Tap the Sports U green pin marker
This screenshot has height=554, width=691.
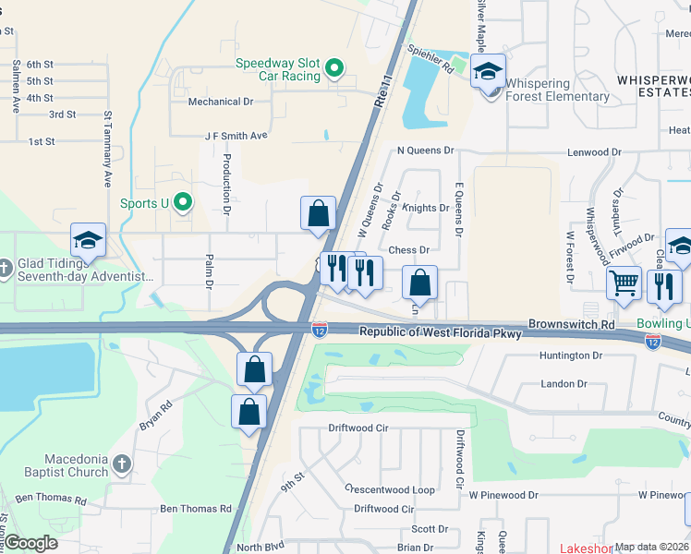pyautogui.click(x=183, y=200)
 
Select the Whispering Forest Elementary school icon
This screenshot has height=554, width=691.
pyautogui.click(x=487, y=70)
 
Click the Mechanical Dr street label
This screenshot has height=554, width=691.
pyautogui.click(x=221, y=102)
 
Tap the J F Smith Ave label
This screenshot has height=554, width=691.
pyautogui.click(x=236, y=136)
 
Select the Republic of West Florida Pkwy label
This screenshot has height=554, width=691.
pyautogui.click(x=441, y=332)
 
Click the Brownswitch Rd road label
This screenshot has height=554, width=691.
pyautogui.click(x=571, y=325)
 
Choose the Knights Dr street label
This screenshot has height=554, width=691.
pyautogui.click(x=425, y=209)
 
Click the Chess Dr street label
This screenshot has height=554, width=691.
pyautogui.click(x=409, y=250)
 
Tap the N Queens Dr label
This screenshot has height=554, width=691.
pyautogui.click(x=426, y=150)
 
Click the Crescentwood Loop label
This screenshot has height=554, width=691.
pyautogui.click(x=389, y=489)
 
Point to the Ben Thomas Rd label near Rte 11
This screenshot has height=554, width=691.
pyautogui.click(x=196, y=509)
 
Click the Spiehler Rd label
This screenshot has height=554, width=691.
pyautogui.click(x=433, y=67)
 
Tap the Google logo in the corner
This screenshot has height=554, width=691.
pyautogui.click(x=30, y=543)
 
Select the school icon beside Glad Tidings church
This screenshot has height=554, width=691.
pyautogui.click(x=89, y=241)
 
